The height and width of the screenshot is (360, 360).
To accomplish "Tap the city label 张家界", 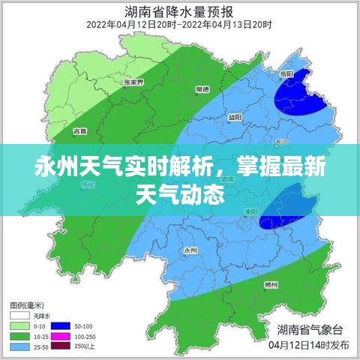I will [133, 82].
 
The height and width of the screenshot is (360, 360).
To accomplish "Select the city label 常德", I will [202, 89].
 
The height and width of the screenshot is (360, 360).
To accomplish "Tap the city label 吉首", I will [79, 131].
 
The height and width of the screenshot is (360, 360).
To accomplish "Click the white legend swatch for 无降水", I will [19, 316].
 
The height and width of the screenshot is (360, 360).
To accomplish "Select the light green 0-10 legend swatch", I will [19, 326].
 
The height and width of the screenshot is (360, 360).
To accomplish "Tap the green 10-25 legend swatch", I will [19, 337].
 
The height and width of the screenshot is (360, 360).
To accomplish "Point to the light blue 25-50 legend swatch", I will [19, 347].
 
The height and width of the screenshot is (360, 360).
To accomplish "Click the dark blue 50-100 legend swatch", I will [60, 326].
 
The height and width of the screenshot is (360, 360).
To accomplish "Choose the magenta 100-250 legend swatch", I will [60, 337].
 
